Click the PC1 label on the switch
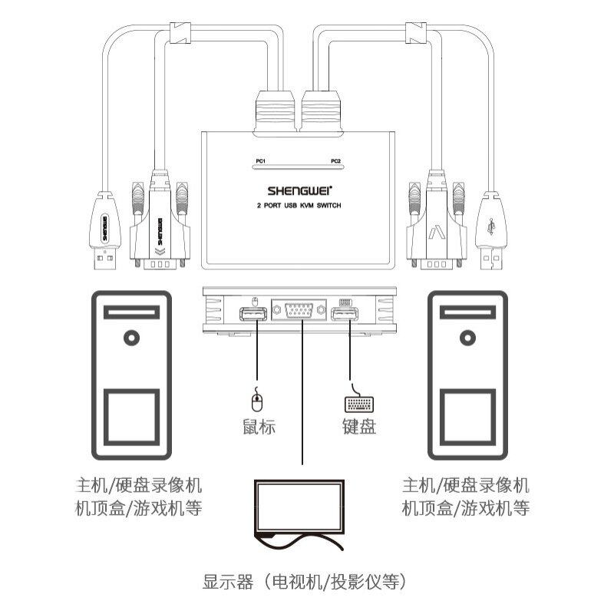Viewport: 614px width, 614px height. pos(260,160)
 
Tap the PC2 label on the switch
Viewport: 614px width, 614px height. pos(335,160)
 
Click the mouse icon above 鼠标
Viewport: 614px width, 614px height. pos(257,400)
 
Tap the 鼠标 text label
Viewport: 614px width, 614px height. pos(257,427)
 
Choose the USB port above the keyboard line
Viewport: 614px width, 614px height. pos(345,315)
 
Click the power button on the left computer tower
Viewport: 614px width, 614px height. pos(134,336)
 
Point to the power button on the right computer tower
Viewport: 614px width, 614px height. pos(465,336)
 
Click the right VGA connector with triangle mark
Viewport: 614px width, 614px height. pos(436,230)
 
